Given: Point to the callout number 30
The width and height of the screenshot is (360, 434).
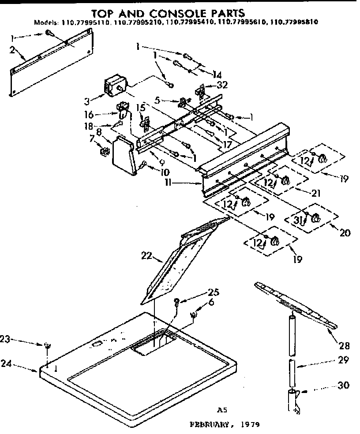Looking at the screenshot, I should (343, 385).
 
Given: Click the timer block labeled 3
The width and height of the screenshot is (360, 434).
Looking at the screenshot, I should (116, 86).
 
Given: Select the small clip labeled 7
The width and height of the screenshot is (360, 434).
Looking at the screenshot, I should (105, 153).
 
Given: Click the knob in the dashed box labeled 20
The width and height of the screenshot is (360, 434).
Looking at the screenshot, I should (315, 218).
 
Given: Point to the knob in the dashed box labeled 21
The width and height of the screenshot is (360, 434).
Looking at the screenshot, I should (285, 180).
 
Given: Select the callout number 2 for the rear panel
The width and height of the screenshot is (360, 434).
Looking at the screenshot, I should (12, 49).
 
